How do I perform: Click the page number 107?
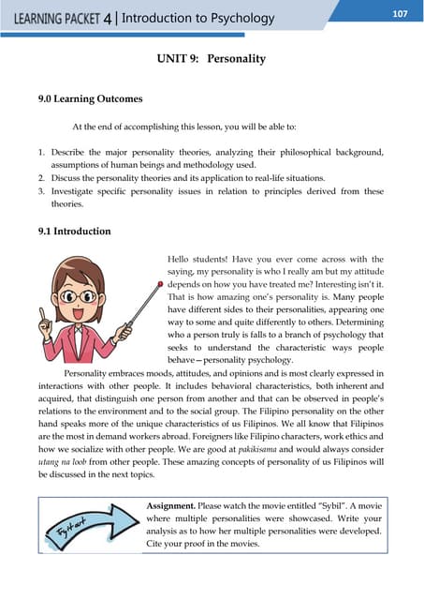pos(400,13)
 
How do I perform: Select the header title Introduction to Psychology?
pos(198,18)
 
